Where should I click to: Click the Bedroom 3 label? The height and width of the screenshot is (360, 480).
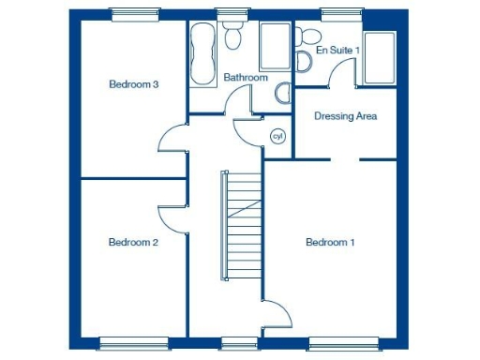pos(133,84)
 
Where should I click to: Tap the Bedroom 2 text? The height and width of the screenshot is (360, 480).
pos(133,242)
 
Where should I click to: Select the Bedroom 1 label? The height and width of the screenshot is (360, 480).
pos(330,242)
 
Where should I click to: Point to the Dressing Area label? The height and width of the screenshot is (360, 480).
pos(346,116)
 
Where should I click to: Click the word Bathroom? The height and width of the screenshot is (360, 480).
pos(246,78)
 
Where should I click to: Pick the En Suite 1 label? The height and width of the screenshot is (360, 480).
pos(337,49)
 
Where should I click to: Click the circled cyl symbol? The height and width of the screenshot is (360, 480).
pos(277,137)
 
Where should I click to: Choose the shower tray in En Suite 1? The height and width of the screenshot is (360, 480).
pos(380,58)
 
